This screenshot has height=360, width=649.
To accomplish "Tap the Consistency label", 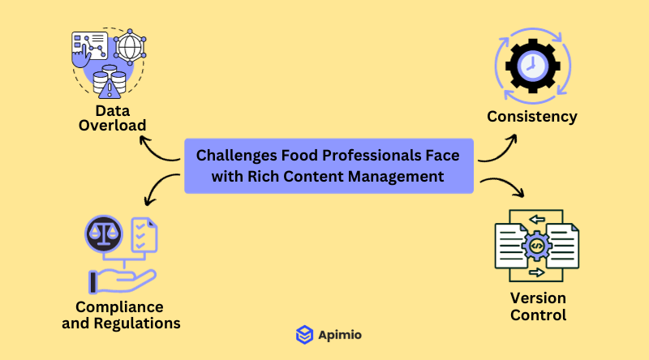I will (x=532, y=116).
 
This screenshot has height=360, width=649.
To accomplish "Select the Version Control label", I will (x=538, y=306).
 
